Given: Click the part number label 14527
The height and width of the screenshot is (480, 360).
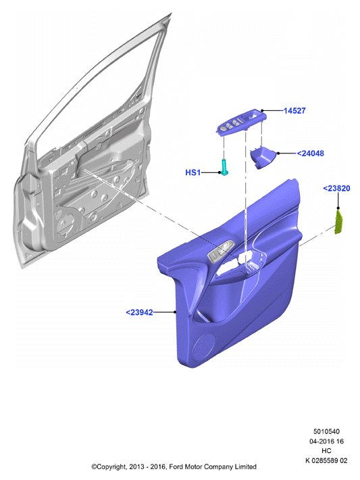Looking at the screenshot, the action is click(x=294, y=111).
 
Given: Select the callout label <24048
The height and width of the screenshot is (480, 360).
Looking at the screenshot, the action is click(x=310, y=153).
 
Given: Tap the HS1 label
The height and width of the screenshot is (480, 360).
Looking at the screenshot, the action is click(x=192, y=172).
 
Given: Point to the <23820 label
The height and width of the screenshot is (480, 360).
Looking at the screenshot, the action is click(x=336, y=188).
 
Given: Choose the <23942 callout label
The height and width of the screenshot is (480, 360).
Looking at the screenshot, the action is click(x=139, y=312).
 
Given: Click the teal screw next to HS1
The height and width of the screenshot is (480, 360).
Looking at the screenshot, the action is click(x=224, y=167).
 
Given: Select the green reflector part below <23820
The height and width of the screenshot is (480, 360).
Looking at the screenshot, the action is click(x=339, y=222).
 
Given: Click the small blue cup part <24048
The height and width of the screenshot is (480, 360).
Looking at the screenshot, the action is click(x=263, y=158).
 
